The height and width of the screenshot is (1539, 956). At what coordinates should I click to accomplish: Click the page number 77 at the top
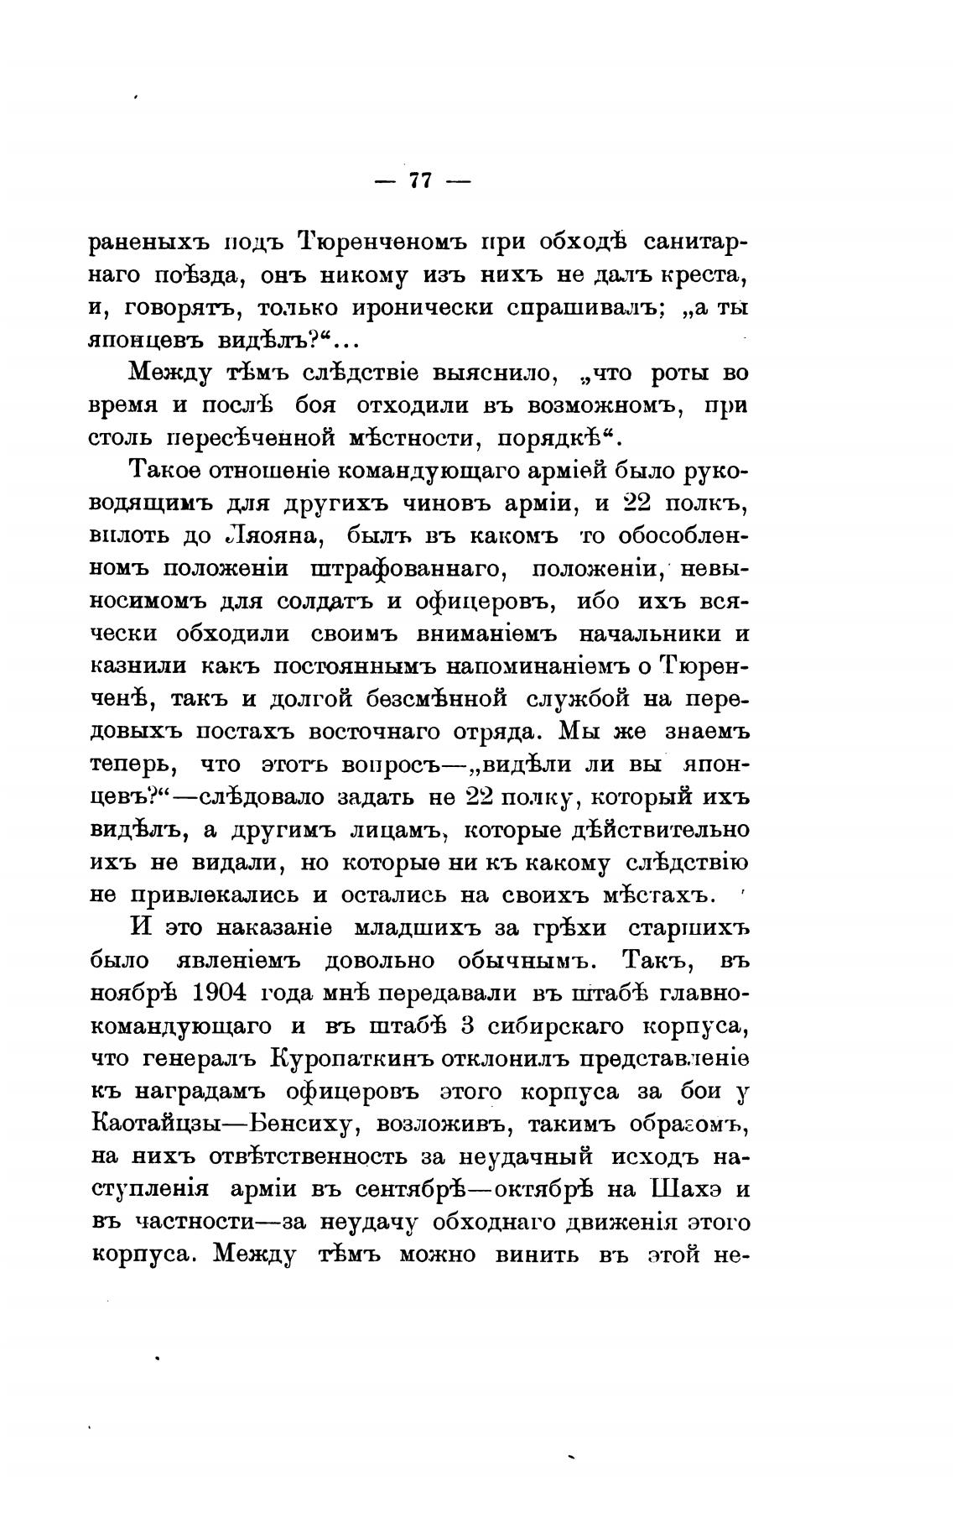pyautogui.click(x=418, y=180)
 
